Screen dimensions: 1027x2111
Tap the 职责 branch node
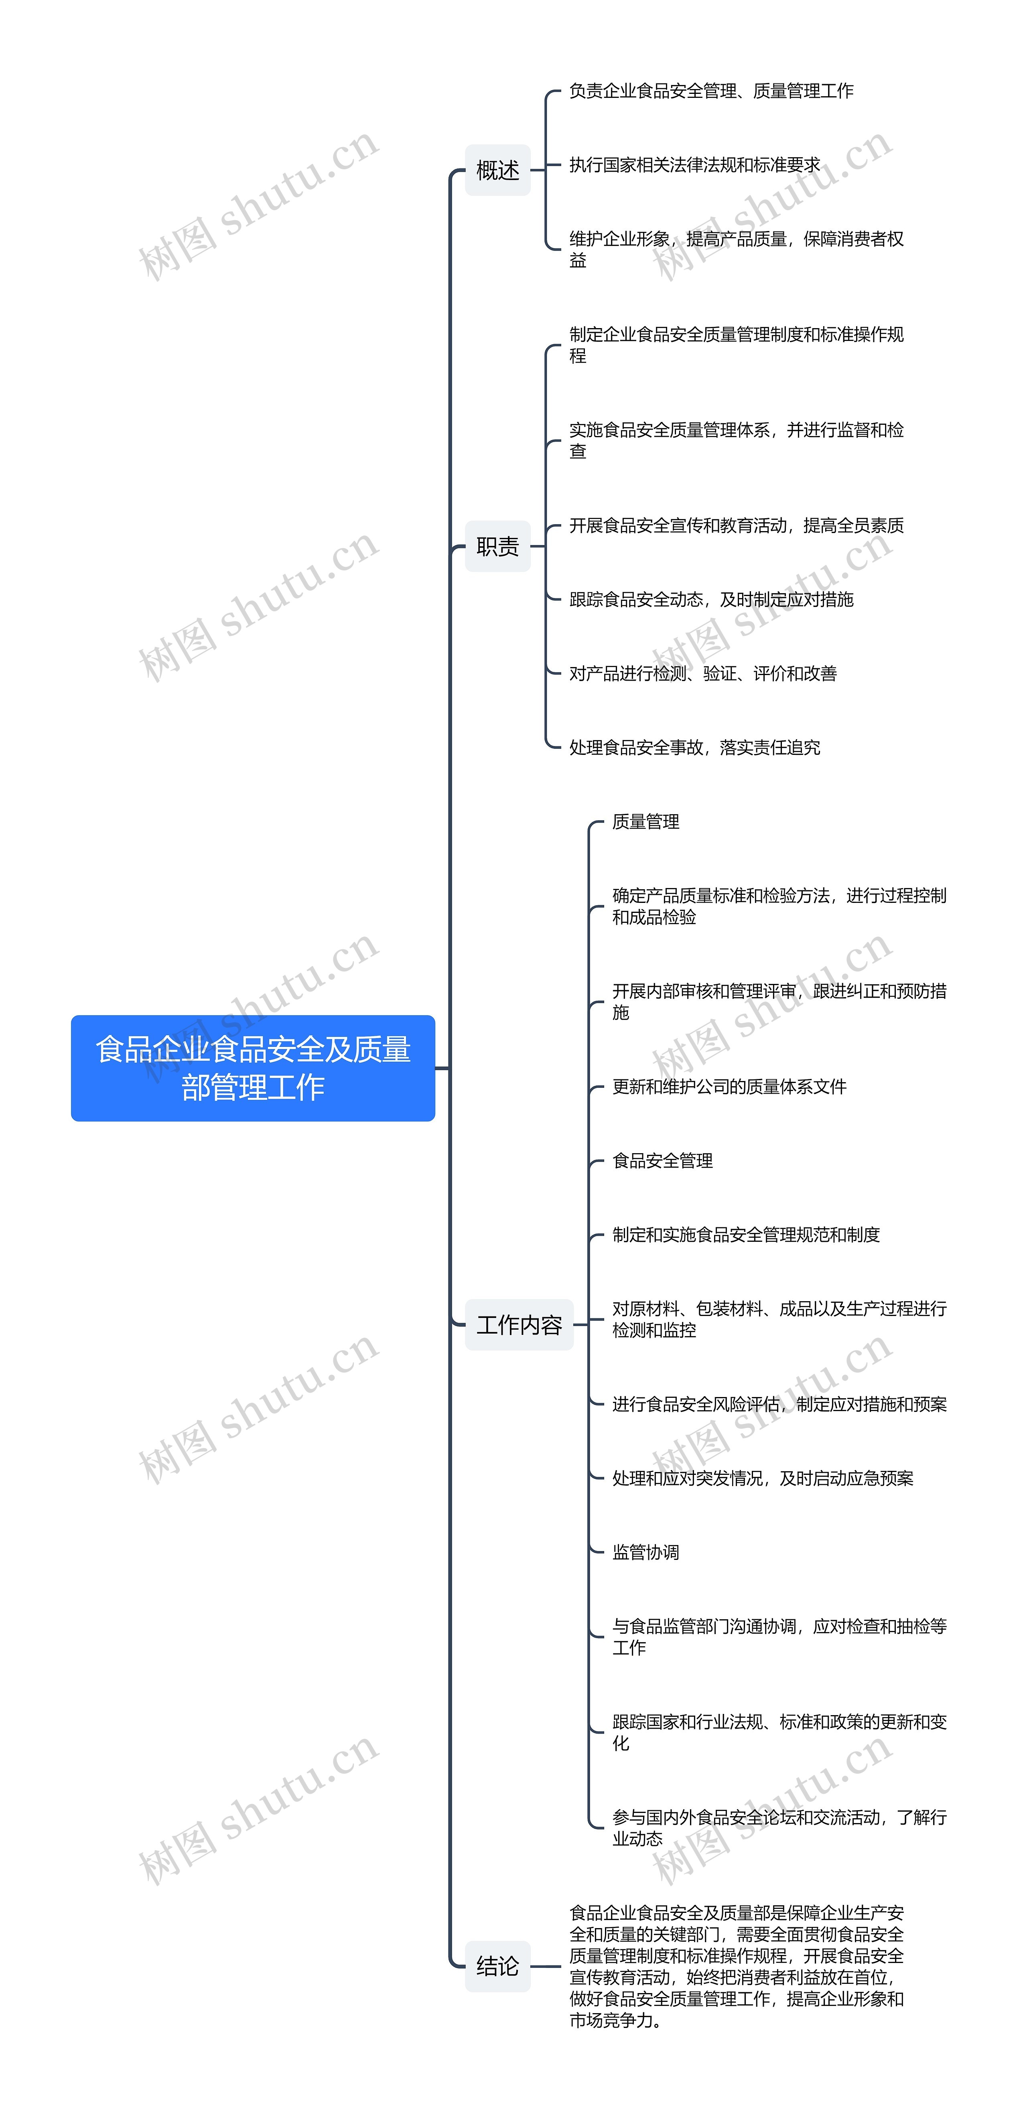pos(497,546)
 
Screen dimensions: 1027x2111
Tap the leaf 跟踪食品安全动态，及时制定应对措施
pos(710,599)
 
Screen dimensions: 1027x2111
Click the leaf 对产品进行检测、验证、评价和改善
pos(702,673)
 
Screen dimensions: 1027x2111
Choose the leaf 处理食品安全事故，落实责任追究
pos(694,746)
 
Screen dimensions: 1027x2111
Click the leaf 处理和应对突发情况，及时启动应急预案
pos(762,1478)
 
